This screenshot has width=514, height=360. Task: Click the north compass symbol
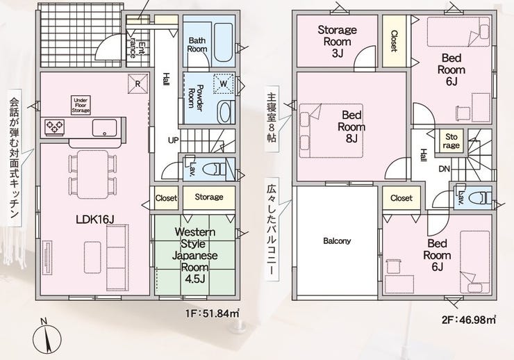tap(47, 337)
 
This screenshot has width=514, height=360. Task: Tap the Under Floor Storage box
tap(81, 105)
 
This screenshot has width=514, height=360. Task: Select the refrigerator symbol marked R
tap(138, 83)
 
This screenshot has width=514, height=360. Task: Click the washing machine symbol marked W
tap(224, 83)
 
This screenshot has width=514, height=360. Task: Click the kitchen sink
tap(104, 128)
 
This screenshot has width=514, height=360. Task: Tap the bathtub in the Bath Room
tap(222, 41)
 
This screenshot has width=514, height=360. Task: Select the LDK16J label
tap(94, 220)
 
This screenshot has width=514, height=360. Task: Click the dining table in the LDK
tap(93, 174)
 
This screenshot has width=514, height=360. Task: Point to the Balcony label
tap(337, 241)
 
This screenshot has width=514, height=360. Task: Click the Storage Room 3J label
tap(338, 41)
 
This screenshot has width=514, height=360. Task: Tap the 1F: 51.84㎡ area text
tap(212, 313)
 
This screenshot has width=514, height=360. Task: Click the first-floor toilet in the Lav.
tap(214, 170)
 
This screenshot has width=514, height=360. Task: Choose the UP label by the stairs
tap(174, 140)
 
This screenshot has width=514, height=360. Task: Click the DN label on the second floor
tap(444, 169)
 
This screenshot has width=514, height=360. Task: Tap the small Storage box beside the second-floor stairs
tap(451, 141)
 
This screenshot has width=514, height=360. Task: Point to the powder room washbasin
tap(225, 112)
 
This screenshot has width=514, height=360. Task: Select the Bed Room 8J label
tap(351, 127)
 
